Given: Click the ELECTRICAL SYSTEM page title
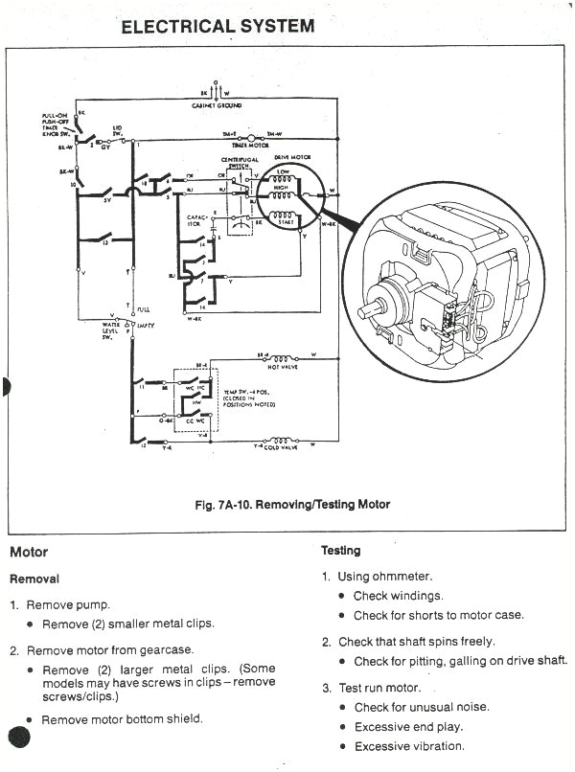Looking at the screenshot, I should (218, 26).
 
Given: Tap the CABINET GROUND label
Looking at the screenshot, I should (216, 105).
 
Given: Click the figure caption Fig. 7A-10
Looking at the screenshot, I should (287, 504).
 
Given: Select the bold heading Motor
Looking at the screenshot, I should (28, 553).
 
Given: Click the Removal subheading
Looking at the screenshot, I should (34, 579).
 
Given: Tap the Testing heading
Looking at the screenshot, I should (340, 551).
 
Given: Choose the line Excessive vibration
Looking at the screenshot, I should (408, 746).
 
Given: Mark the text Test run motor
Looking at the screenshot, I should (379, 688).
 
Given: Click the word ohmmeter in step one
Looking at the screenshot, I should (402, 577).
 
